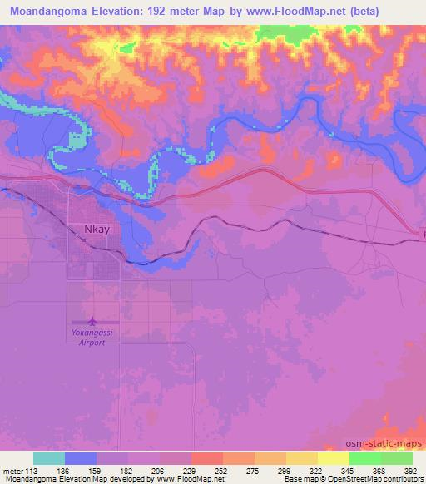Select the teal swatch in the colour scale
point(49,458)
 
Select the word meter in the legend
point(14,470)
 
